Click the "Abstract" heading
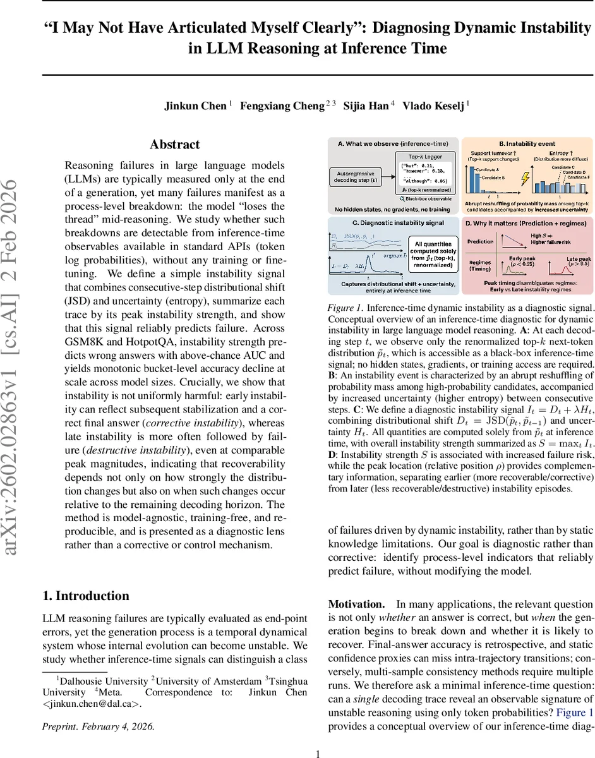tap(175, 145)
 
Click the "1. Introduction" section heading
tap(85, 596)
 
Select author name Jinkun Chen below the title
tap(195, 105)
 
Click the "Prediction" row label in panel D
tap(480, 242)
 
